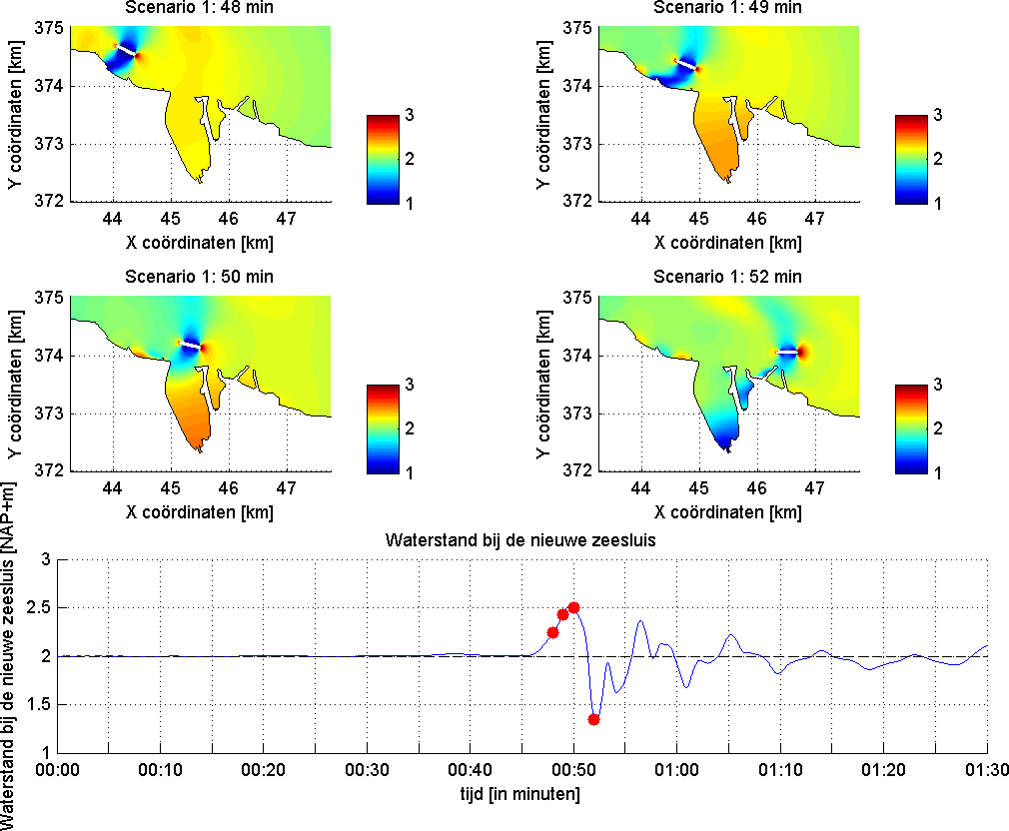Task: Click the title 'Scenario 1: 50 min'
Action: [x=200, y=277]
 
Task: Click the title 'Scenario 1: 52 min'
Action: [x=728, y=277]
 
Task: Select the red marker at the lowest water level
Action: [x=593, y=719]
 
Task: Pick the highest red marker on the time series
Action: [x=573, y=607]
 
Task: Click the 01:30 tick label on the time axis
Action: [x=987, y=771]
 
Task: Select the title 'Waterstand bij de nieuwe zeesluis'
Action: [x=522, y=540]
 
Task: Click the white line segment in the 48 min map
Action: [x=126, y=49]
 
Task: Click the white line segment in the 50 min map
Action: [x=189, y=345]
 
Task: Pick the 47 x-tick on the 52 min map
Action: [x=814, y=487]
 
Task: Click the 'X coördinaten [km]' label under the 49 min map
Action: [x=728, y=243]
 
